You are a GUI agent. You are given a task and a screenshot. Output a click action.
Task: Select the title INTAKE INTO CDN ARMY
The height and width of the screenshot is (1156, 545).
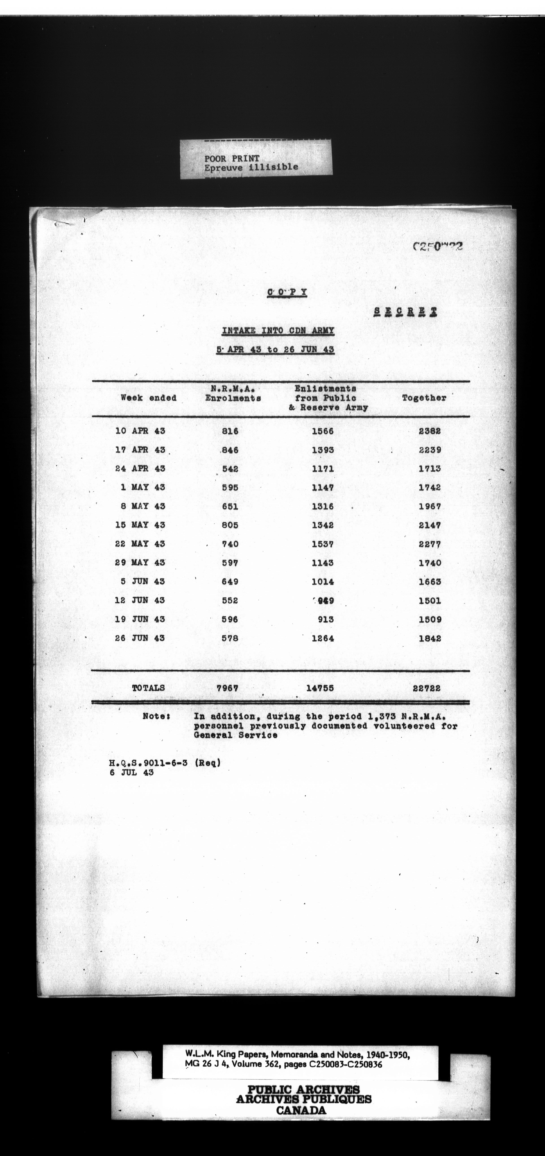(278, 331)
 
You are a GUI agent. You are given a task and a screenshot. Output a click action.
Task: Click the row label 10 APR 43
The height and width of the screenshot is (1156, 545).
(140, 431)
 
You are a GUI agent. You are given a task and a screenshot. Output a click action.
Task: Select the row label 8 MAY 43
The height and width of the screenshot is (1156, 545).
(143, 506)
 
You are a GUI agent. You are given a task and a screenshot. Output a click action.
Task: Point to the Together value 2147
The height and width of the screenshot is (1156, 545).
(430, 525)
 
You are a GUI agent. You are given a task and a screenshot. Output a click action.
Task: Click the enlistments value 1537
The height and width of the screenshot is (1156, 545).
(323, 544)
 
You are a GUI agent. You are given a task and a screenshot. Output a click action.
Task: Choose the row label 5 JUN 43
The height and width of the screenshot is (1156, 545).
(143, 582)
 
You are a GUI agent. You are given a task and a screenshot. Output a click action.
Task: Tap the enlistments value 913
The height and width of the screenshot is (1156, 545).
(326, 619)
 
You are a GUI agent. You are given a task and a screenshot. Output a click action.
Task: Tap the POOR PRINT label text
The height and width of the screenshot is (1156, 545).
(232, 158)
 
